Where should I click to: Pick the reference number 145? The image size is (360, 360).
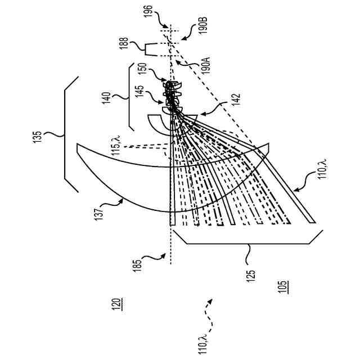(x=143, y=93)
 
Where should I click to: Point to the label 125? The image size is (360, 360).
(x=251, y=274)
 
